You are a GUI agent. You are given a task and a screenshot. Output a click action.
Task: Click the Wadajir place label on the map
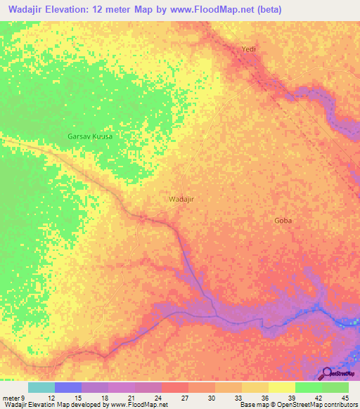tap(181, 199)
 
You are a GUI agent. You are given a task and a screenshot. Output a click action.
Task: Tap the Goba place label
tap(283, 221)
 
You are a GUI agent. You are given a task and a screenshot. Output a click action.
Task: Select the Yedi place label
tap(247, 48)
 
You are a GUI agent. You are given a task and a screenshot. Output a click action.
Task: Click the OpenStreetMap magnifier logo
tap(328, 375)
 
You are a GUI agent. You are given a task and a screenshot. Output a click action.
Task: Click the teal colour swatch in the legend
tap(41, 387)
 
